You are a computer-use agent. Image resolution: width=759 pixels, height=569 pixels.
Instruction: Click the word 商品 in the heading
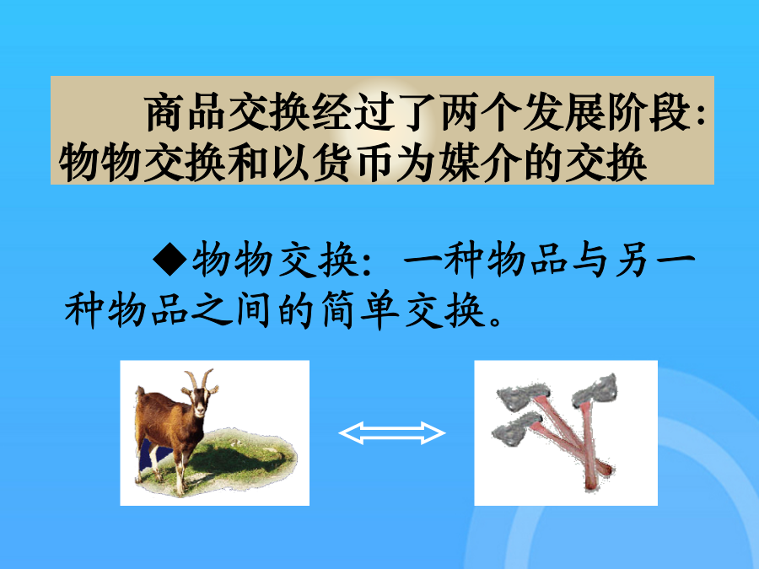click(x=186, y=113)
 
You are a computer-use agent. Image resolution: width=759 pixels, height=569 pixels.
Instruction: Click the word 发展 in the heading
click(x=564, y=113)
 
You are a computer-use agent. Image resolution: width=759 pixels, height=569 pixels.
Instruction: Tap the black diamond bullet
click(x=170, y=259)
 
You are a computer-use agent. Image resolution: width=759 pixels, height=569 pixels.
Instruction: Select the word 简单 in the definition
click(x=361, y=310)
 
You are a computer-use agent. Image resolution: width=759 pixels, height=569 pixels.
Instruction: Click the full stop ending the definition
click(x=496, y=320)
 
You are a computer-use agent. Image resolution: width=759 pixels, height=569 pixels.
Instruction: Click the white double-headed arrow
click(x=391, y=432)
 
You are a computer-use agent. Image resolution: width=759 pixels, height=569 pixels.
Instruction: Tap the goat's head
click(x=199, y=401)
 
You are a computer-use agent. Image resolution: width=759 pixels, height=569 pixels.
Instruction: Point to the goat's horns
click(x=199, y=378)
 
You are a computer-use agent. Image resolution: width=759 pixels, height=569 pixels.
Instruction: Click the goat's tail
click(x=140, y=392)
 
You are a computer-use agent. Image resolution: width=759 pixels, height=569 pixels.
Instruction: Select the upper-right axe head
click(x=595, y=389)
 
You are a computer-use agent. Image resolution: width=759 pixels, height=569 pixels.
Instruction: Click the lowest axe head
click(x=516, y=427)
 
